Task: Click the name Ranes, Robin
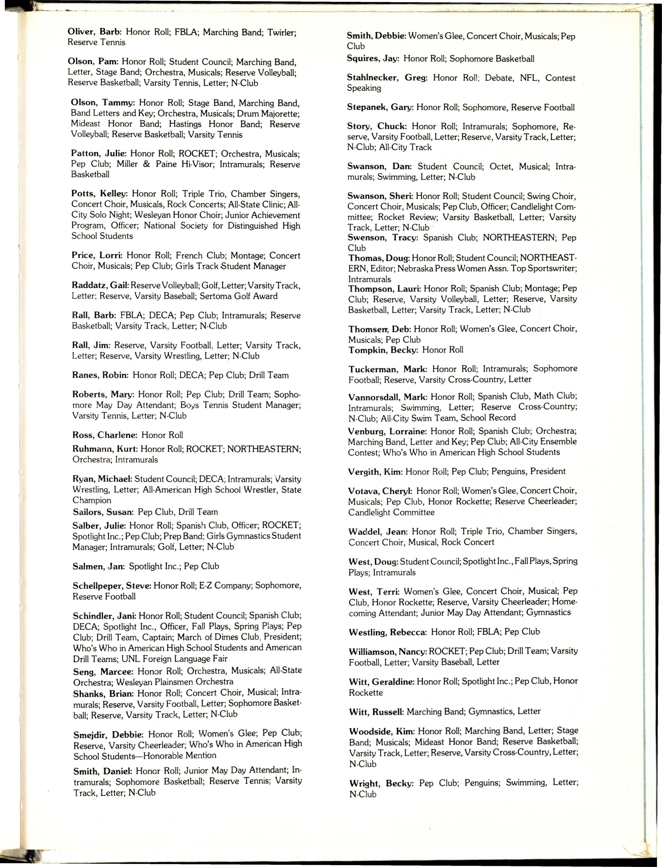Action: click(100, 375)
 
